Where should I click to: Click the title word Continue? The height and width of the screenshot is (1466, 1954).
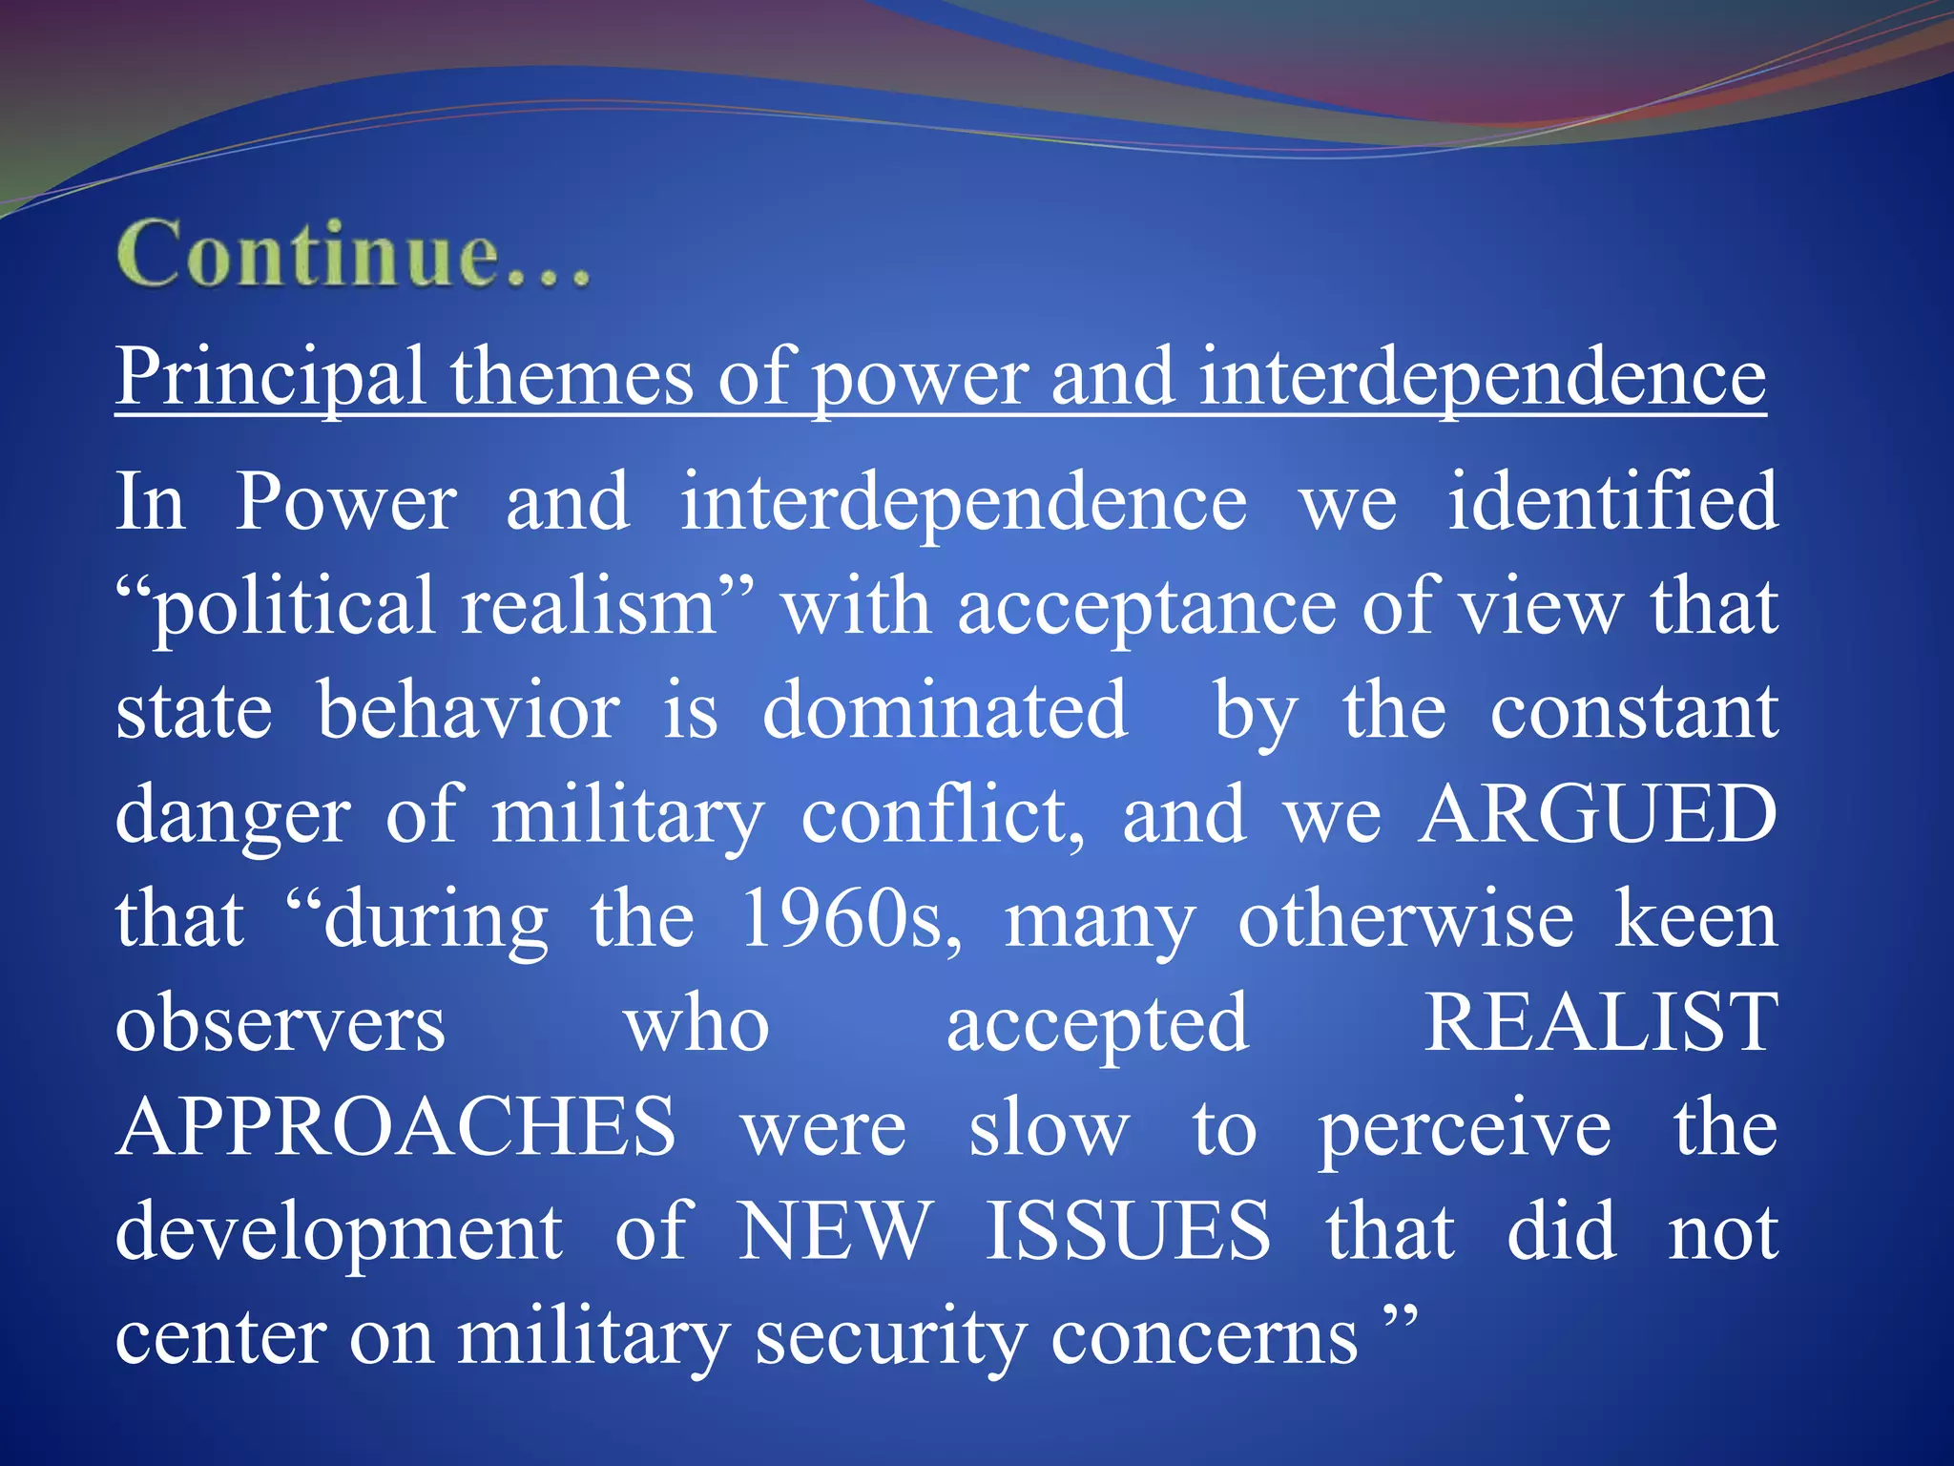pyautogui.click(x=353, y=254)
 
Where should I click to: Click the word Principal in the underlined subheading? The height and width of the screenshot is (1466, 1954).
pyautogui.click(x=270, y=378)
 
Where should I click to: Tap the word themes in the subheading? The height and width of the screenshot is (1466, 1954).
pyautogui.click(x=572, y=378)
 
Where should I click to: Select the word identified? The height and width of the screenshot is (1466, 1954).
pyautogui.click(x=1612, y=502)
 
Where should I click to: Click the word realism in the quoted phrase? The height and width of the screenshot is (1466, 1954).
pyautogui.click(x=589, y=608)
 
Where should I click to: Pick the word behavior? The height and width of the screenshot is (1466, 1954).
pyautogui.click(x=468, y=711)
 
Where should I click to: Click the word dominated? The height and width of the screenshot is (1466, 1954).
pyautogui.click(x=945, y=711)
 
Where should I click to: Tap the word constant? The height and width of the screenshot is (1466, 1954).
pyautogui.click(x=1633, y=711)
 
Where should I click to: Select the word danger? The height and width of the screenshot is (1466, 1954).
pyautogui.click(x=233, y=816)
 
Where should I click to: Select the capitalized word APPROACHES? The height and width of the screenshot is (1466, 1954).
pyautogui.click(x=396, y=1127)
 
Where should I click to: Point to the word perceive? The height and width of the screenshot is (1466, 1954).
pyautogui.click(x=1465, y=1129)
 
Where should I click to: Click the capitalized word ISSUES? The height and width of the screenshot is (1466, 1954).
pyautogui.click(x=1127, y=1231)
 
